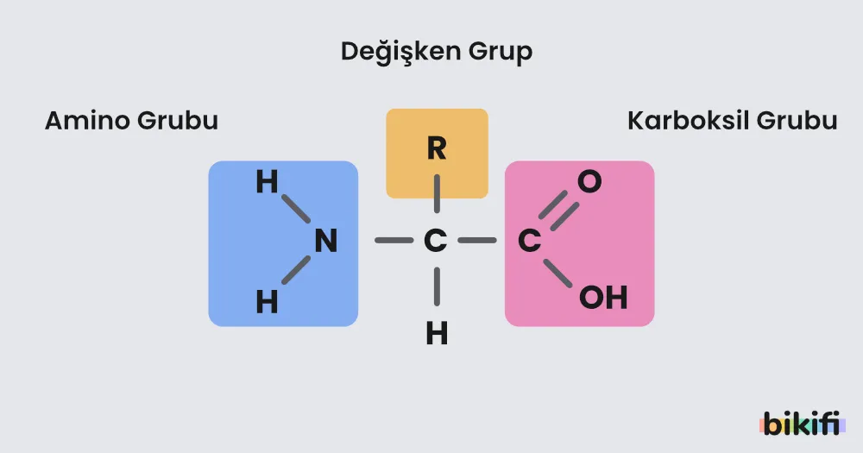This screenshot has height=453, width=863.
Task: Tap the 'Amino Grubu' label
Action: [131, 121]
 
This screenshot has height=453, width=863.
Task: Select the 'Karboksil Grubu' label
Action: [732, 121]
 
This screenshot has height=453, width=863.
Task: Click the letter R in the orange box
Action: [437, 148]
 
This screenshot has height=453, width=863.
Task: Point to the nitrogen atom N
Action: [326, 241]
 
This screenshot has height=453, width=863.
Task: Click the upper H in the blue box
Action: [267, 182]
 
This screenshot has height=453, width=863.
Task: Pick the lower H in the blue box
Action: [267, 302]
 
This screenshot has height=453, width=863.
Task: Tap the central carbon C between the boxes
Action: [435, 241]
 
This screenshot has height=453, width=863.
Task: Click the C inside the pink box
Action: [530, 241]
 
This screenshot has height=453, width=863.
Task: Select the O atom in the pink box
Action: [589, 182]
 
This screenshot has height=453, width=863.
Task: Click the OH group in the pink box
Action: [603, 297]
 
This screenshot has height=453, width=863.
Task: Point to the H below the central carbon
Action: [437, 334]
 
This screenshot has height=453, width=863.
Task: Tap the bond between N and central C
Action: [394, 241]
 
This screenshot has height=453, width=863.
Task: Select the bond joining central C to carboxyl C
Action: [477, 241]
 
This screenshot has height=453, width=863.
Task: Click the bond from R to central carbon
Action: [437, 194]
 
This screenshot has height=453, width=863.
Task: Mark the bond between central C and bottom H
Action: [437, 286]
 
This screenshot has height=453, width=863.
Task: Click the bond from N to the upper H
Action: [296, 209]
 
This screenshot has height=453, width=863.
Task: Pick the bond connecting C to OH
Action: [557, 274]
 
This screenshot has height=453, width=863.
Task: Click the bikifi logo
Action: [802, 424]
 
